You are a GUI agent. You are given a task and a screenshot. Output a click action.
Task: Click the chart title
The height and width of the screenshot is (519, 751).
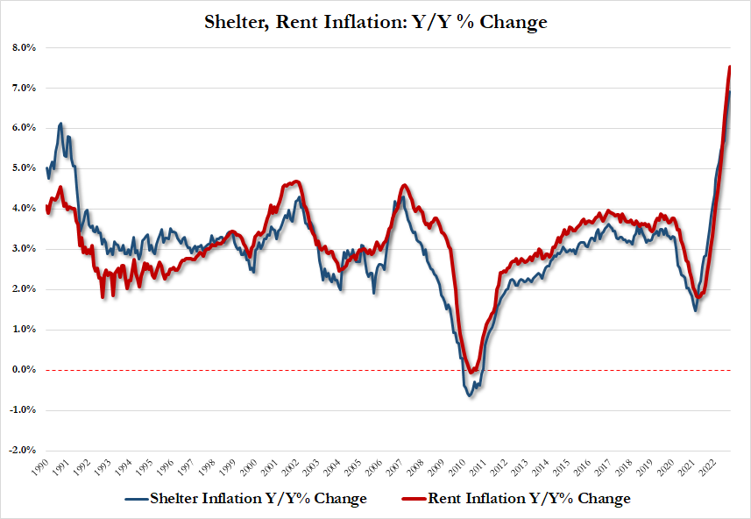click(374, 22)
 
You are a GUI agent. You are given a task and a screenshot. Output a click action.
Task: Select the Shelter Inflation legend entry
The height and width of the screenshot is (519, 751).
click(245, 499)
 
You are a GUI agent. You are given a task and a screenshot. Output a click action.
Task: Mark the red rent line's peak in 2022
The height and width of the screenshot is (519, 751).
click(730, 67)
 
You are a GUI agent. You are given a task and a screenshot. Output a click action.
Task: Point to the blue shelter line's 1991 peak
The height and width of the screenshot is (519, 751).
click(60, 124)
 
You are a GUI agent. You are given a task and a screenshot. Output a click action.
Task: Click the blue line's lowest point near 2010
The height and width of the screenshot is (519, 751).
click(470, 396)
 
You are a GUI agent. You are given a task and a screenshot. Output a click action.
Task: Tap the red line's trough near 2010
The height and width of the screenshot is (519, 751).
click(471, 373)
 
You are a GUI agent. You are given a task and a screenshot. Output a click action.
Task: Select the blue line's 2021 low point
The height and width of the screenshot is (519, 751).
click(695, 309)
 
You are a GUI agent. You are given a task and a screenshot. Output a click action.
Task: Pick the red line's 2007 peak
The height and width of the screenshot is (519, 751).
click(402, 186)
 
